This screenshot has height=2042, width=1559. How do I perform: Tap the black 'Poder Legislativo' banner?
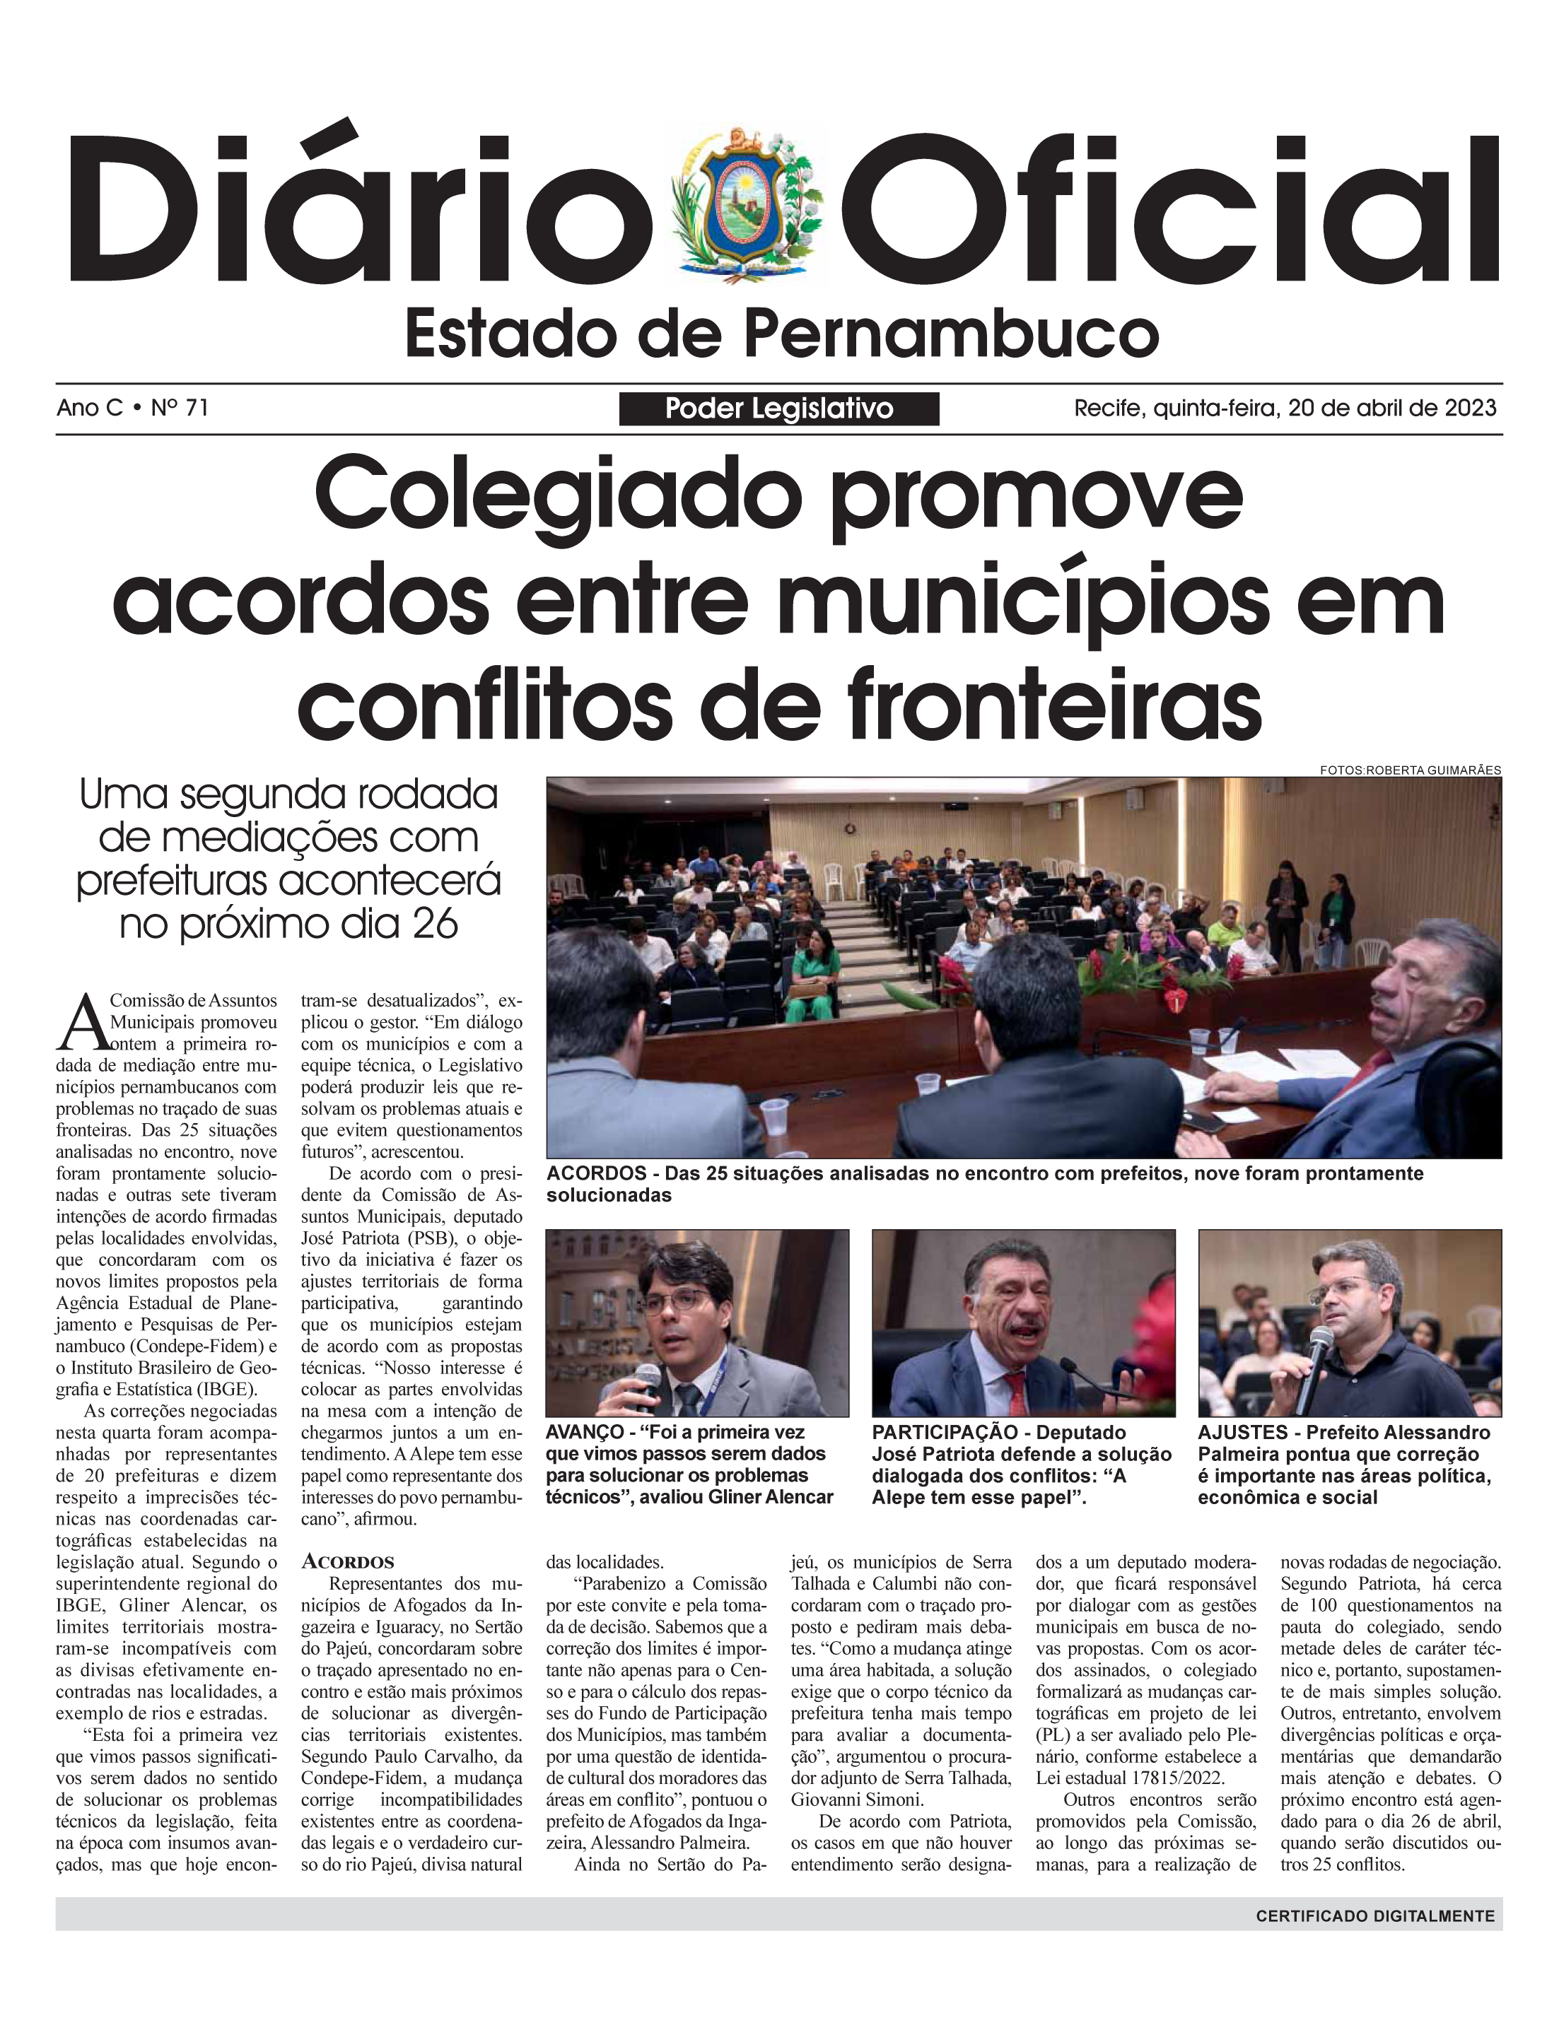click(778, 409)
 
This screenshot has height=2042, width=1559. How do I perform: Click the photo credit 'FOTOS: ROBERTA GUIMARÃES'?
click(1410, 770)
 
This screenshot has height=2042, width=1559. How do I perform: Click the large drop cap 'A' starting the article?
click(83, 1021)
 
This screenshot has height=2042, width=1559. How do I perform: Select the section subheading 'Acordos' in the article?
click(348, 1562)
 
